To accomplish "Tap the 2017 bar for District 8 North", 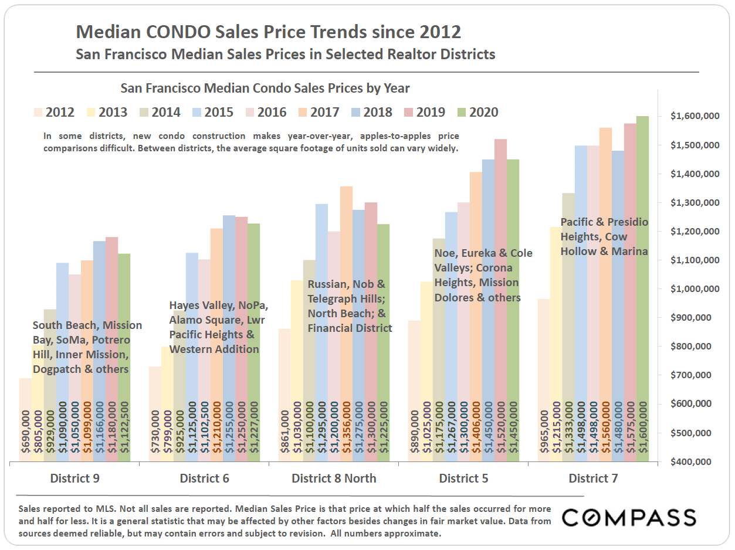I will pyautogui.click(x=346, y=322).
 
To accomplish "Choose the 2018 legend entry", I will pyautogui.click(x=369, y=112).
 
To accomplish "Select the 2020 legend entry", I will pyautogui.click(x=477, y=112).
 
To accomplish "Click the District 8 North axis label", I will pyautogui.click(x=334, y=478).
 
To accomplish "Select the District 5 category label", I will pyautogui.click(x=463, y=478).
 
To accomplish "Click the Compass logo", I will pyautogui.click(x=629, y=518).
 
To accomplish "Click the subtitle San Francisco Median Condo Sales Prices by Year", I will pyautogui.click(x=265, y=89).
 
